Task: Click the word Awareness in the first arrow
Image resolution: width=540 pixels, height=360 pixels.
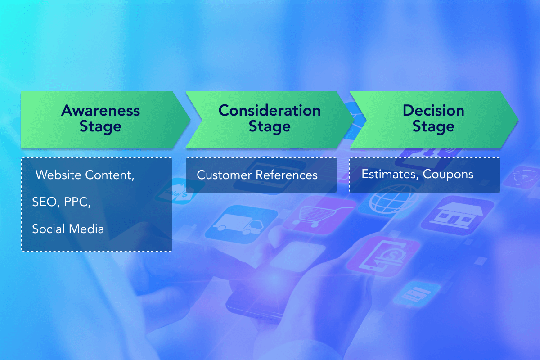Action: click(100, 111)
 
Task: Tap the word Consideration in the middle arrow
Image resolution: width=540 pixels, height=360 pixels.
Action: click(270, 111)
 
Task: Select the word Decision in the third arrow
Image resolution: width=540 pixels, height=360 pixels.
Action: click(433, 111)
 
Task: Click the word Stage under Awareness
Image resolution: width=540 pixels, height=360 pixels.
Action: click(100, 127)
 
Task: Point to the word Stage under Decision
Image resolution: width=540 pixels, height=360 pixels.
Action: click(433, 127)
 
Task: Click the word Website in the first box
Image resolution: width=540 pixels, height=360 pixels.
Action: click(58, 175)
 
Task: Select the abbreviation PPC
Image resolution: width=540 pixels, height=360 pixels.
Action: click(77, 202)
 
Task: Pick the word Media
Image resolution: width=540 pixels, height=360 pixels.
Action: click(86, 229)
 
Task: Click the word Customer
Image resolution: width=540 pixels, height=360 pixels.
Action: click(224, 175)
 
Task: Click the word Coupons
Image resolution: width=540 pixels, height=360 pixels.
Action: click(448, 175)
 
